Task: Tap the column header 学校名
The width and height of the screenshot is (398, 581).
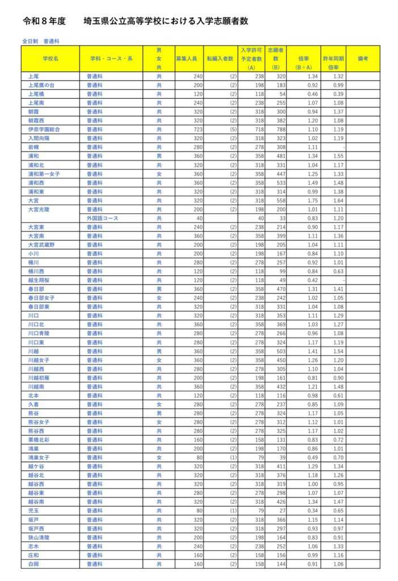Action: pos(50,58)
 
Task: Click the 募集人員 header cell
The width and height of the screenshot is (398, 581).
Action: pos(187,58)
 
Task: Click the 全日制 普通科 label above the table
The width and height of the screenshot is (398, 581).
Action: pos(40,41)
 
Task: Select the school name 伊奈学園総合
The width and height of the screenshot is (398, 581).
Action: pos(43,129)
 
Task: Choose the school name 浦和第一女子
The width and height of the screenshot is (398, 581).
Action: pos(44,174)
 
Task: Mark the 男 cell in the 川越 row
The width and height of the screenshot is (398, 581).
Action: pos(159,351)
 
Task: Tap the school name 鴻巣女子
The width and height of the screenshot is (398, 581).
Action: pos(39,457)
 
